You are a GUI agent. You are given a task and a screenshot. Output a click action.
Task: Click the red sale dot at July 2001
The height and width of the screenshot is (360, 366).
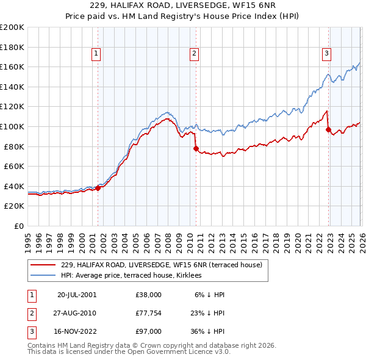[98, 189]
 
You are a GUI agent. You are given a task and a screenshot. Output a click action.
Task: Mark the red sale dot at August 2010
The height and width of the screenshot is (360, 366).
[196, 148]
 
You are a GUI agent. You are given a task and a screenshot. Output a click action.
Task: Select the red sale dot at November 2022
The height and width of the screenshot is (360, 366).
[328, 129]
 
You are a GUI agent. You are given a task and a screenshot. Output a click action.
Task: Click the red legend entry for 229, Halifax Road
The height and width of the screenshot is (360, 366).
[161, 265]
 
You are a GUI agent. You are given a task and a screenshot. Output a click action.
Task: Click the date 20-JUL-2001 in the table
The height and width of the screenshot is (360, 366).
[76, 294]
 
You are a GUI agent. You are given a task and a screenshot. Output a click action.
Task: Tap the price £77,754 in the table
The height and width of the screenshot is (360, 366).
[149, 313]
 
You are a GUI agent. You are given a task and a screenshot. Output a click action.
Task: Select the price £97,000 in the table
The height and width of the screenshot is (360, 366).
[149, 331]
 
